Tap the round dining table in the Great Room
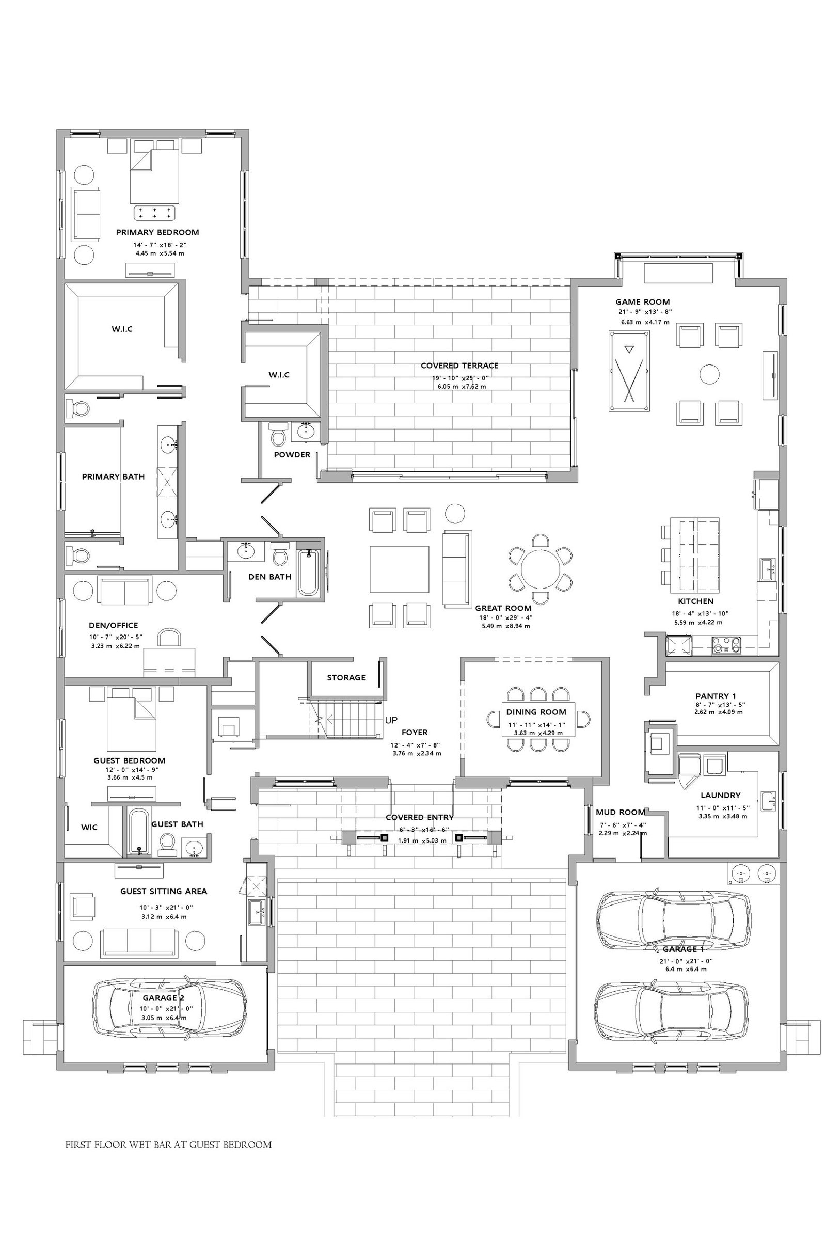[x=541, y=569]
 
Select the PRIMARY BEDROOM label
[x=157, y=232]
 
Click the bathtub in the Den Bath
[x=309, y=573]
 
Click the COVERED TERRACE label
[x=459, y=366]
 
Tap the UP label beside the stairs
[x=391, y=720]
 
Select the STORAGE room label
[x=346, y=677]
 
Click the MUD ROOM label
[x=621, y=812]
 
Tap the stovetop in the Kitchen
[x=726, y=645]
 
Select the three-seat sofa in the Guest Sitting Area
[x=138, y=940]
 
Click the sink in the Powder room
[x=305, y=431]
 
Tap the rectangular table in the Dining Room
[x=538, y=720]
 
